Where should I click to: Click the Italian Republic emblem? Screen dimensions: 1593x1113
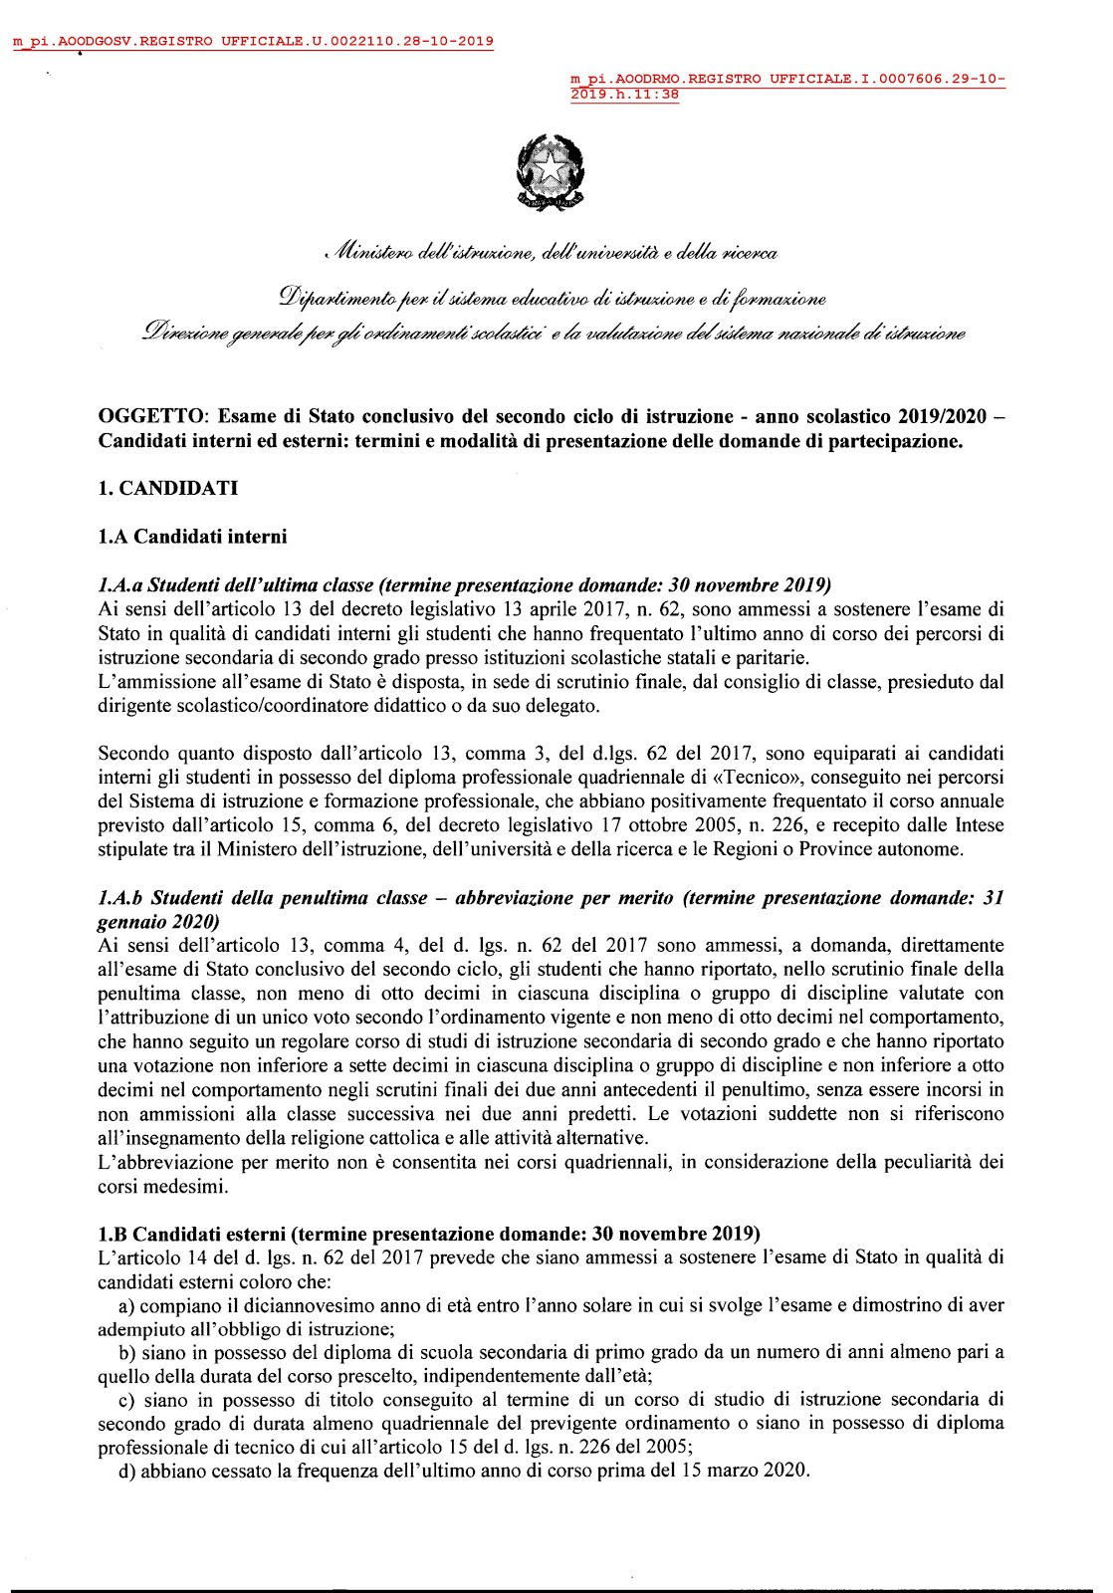(551, 174)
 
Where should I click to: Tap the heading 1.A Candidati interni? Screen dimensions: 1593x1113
(192, 538)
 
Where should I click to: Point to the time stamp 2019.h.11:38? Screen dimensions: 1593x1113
(625, 95)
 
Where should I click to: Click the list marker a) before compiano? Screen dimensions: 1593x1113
(126, 1305)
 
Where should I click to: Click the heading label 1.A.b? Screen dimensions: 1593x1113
(120, 898)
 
